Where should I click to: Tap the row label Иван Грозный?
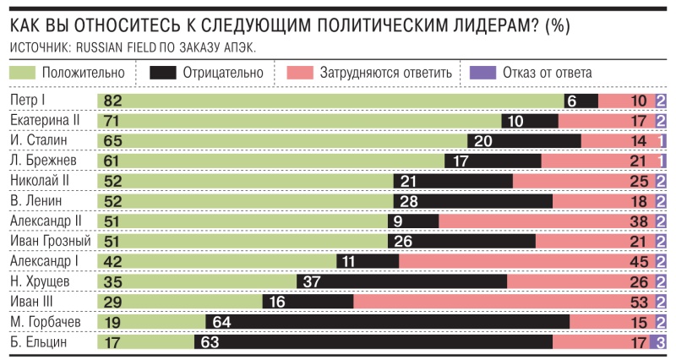click(49, 242)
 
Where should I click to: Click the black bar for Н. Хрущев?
click(401, 281)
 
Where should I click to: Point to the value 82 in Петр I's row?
click(112, 101)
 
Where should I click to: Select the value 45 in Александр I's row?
click(639, 262)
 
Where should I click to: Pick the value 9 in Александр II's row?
click(397, 221)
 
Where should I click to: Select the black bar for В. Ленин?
click(472, 201)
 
